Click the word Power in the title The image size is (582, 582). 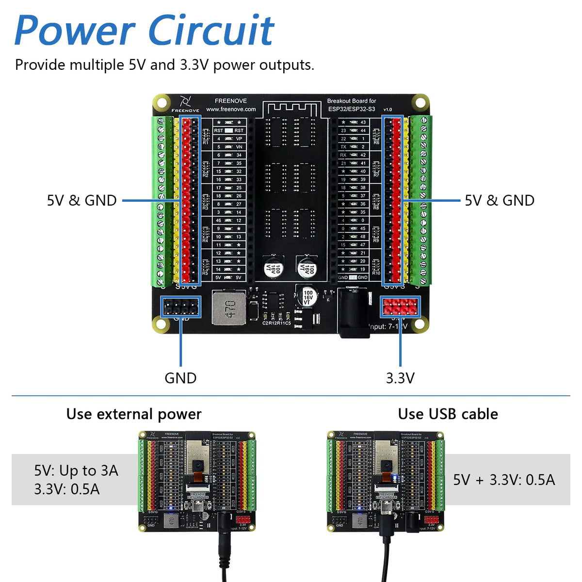pos(75,31)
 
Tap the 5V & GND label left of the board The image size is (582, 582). pos(81,200)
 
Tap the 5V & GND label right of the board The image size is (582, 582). pos(500,200)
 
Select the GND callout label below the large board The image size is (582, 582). pos(180,378)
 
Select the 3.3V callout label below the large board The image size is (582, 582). pos(400,378)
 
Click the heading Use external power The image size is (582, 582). pos(134,414)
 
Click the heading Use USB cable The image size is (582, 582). pos(448,414)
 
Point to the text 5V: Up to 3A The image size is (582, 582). pos(76,470)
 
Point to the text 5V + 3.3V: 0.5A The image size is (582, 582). pos(504,480)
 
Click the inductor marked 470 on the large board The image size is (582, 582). pos(229,308)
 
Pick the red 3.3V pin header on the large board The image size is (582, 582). pos(400,307)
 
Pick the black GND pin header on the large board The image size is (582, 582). pos(180,307)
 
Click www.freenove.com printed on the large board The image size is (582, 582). pos(231,109)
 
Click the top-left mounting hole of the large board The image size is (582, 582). pos(162,103)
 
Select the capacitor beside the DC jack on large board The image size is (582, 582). pos(308,296)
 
